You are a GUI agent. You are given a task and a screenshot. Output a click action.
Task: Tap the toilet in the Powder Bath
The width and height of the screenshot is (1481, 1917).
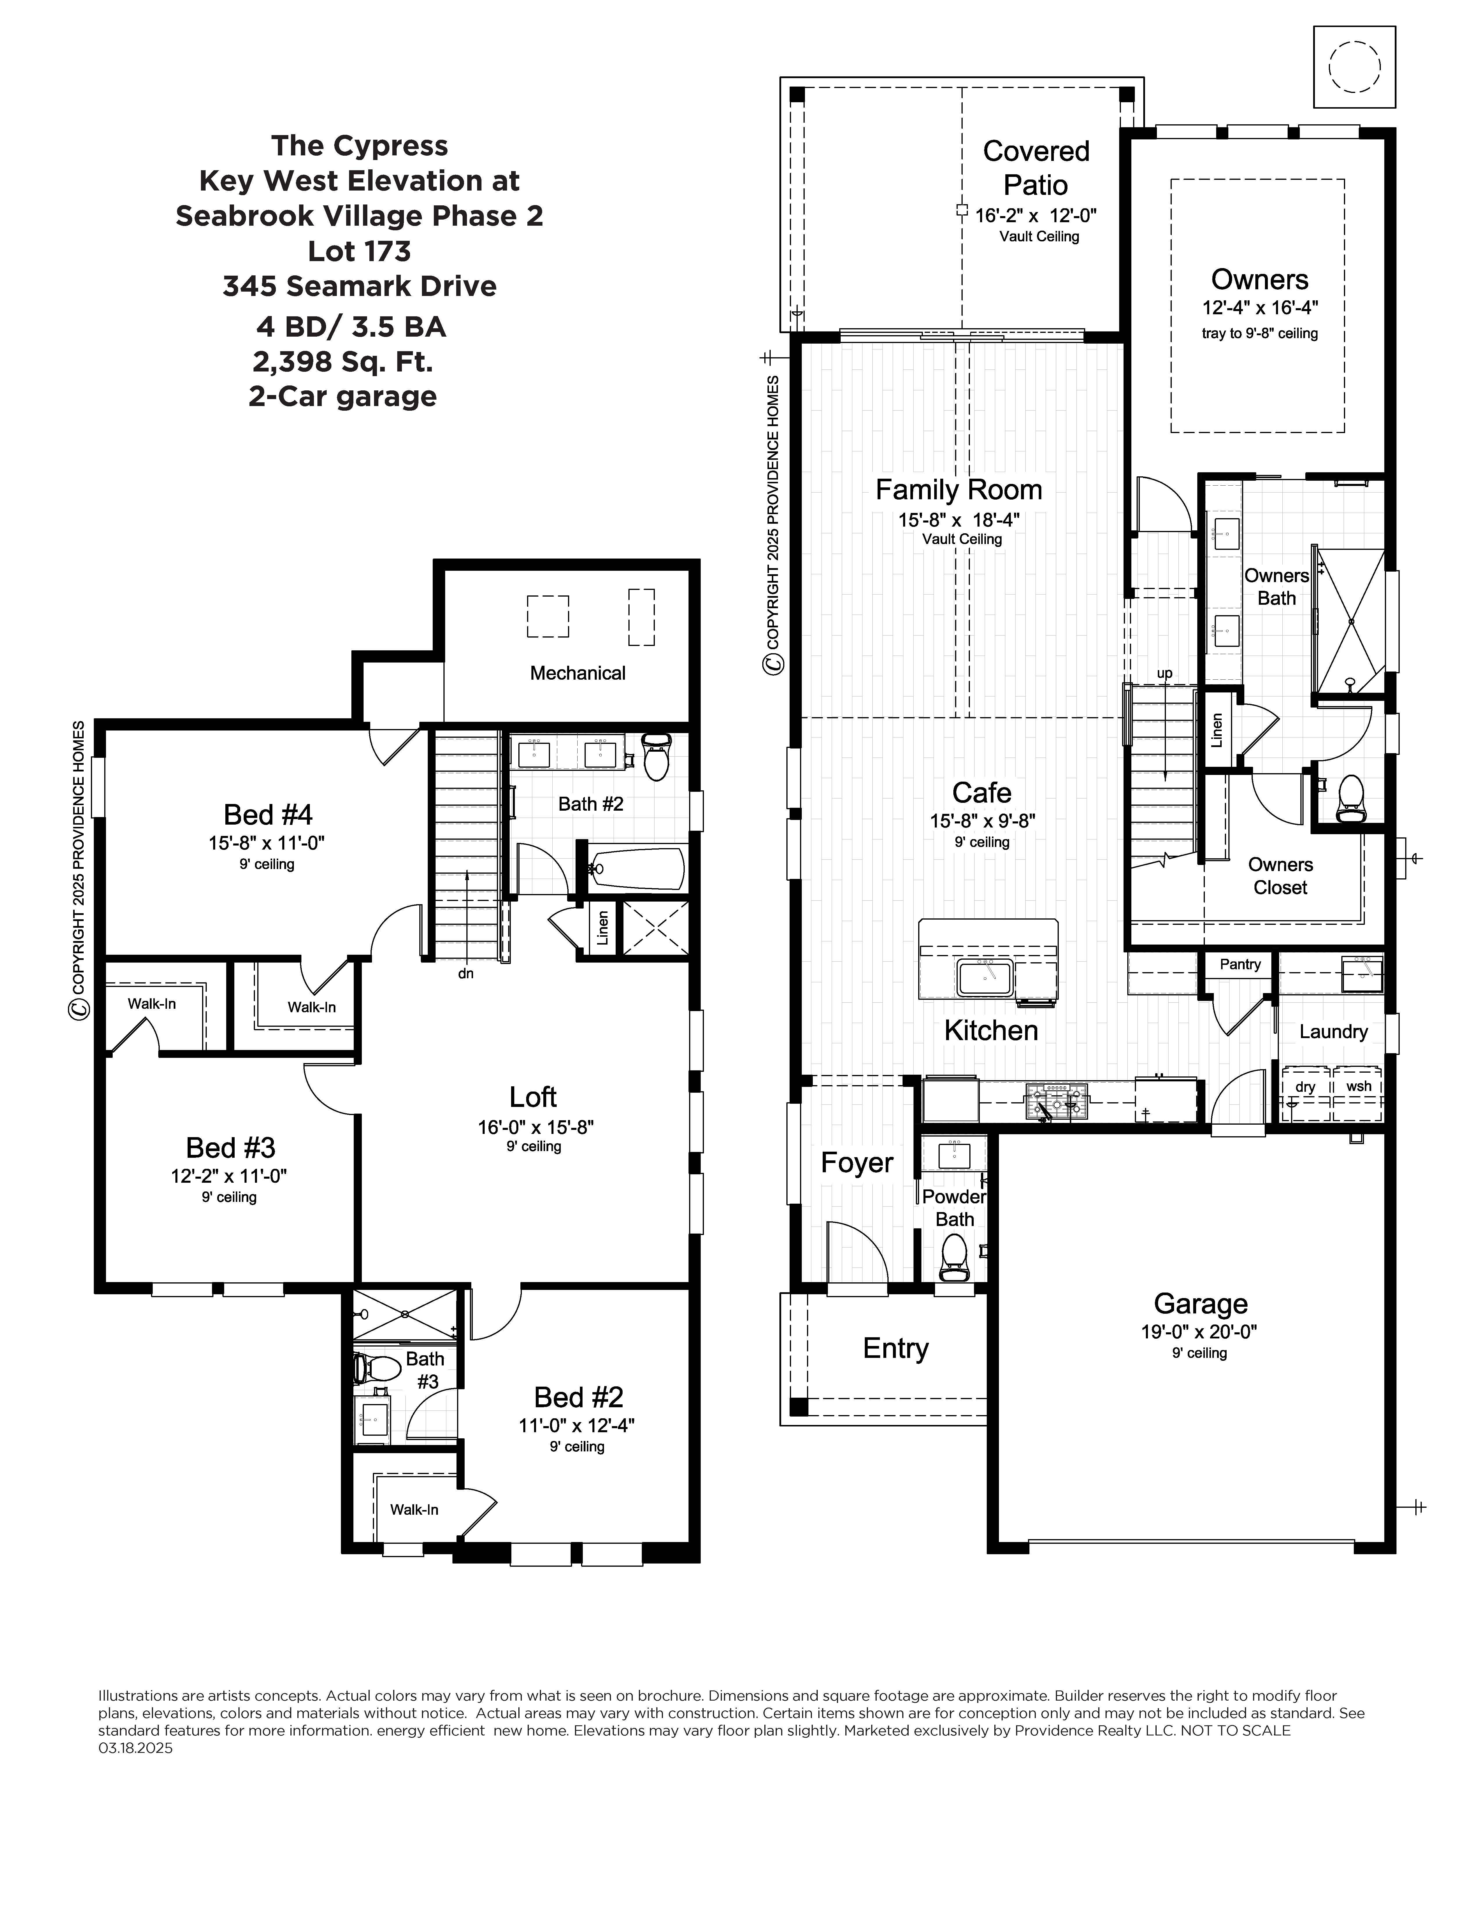pyautogui.click(x=953, y=1257)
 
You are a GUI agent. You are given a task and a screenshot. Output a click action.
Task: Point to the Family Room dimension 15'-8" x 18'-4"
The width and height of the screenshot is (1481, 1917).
pyautogui.click(x=958, y=520)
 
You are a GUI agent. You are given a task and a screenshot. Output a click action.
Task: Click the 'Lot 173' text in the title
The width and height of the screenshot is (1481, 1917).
pyautogui.click(x=359, y=251)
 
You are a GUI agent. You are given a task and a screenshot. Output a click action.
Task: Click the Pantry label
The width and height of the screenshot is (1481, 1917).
pyautogui.click(x=1240, y=964)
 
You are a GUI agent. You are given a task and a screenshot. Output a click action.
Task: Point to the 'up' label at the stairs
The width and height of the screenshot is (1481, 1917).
pyautogui.click(x=1164, y=673)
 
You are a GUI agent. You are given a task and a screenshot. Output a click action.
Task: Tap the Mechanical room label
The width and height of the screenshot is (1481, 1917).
pyautogui.click(x=577, y=673)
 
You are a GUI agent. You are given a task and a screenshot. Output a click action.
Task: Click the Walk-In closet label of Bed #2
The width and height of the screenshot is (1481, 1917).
pyautogui.click(x=414, y=1510)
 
